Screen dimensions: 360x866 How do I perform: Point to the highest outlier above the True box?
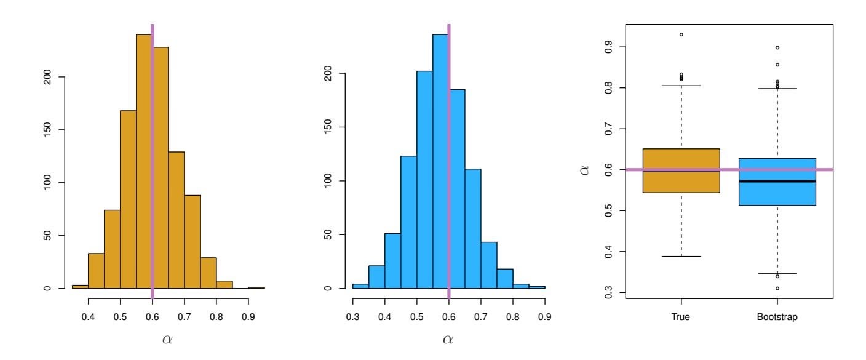[x=681, y=34]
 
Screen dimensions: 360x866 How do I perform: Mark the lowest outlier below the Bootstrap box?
[x=777, y=288]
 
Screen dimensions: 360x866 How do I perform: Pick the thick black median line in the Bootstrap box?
[x=777, y=181]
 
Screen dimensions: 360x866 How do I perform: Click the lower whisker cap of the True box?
[x=681, y=256]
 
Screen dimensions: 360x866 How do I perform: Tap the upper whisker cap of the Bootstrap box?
[x=777, y=89]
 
